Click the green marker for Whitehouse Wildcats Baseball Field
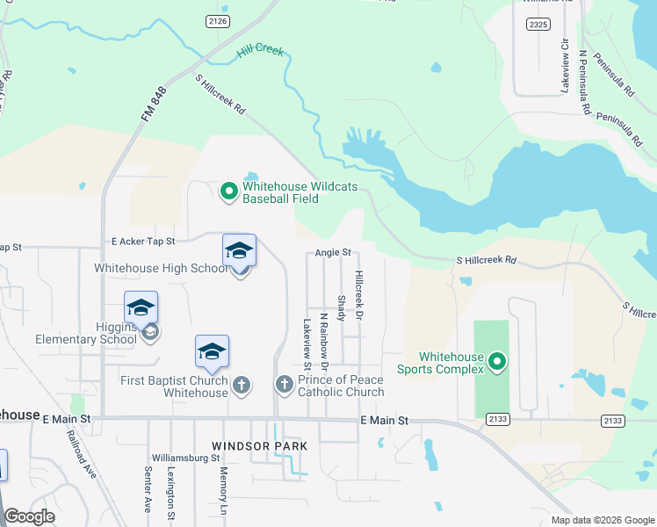pos(228,190)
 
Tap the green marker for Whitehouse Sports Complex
pos(497,361)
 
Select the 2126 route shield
pos(218,20)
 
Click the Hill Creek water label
pos(260,52)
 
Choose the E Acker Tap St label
pos(143,241)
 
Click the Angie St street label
pos(333,253)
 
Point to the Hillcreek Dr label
pos(358,293)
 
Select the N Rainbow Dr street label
pos(323,341)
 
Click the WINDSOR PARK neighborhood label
pos(261,446)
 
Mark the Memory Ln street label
pos(223,493)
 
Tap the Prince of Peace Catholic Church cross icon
pos(284,385)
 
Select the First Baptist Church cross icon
pos(242,385)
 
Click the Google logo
pos(29,516)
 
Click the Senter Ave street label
pos(148,491)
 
